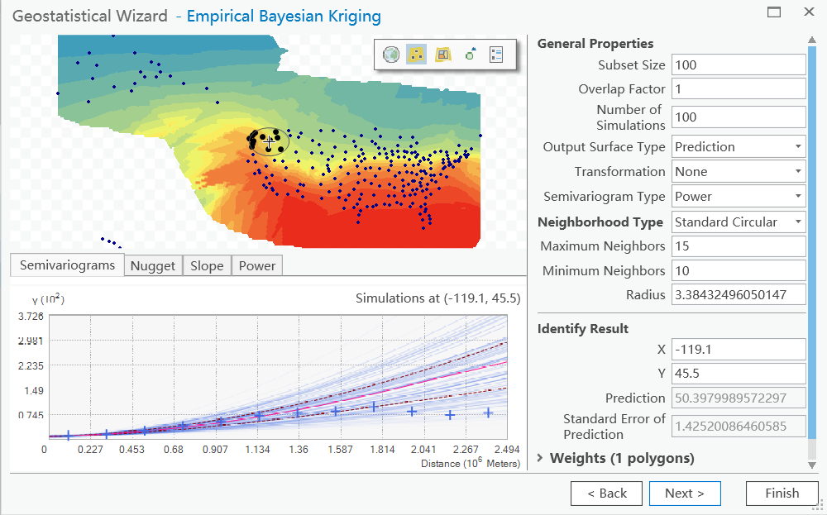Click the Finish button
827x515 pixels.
pos(782,494)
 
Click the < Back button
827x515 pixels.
pos(607,494)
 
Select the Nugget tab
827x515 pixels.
pos(153,265)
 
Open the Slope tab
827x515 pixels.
pos(207,265)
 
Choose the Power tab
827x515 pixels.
pos(257,265)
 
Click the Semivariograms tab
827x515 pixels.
pos(67,265)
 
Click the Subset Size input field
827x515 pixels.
pos(738,64)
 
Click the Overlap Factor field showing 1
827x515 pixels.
pos(738,88)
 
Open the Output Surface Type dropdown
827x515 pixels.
pos(738,147)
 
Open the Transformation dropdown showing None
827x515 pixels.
pos(738,172)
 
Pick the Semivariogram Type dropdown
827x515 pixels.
pos(738,197)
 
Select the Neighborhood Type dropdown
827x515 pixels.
pos(738,222)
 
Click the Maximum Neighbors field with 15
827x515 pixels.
pos(738,246)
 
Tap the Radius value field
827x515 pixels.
pos(738,295)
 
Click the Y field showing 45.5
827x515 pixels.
pos(738,374)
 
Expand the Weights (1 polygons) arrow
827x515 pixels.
pos(542,458)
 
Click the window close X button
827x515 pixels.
pos(808,12)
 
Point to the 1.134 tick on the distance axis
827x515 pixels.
pos(258,450)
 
